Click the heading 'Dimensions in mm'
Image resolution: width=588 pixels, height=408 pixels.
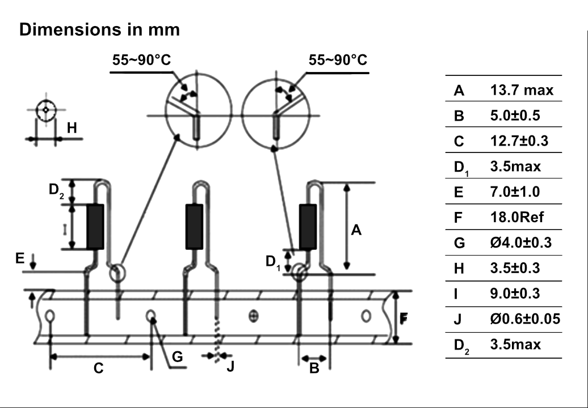click(x=99, y=29)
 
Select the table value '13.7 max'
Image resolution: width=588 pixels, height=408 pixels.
click(x=522, y=90)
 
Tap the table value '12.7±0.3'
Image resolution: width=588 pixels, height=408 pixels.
click(x=519, y=141)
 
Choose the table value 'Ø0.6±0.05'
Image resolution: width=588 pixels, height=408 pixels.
click(x=525, y=319)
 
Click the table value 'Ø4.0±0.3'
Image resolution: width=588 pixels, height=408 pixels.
click(x=521, y=243)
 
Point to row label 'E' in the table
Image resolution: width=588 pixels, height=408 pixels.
click(x=459, y=192)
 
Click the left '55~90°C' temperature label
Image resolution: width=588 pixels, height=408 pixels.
click(x=141, y=61)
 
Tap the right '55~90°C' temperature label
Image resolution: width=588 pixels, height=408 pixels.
click(x=338, y=61)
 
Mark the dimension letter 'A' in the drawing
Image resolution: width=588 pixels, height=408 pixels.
click(x=356, y=230)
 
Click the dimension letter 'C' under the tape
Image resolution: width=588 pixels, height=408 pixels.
click(x=98, y=369)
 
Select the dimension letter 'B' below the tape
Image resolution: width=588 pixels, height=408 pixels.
click(x=314, y=369)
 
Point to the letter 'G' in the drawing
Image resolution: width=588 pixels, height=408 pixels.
click(x=177, y=356)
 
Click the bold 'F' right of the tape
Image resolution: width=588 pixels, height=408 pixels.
click(x=404, y=318)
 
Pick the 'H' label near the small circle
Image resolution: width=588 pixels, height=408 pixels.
click(x=72, y=129)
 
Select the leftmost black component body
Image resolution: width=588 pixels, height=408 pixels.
click(x=95, y=227)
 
